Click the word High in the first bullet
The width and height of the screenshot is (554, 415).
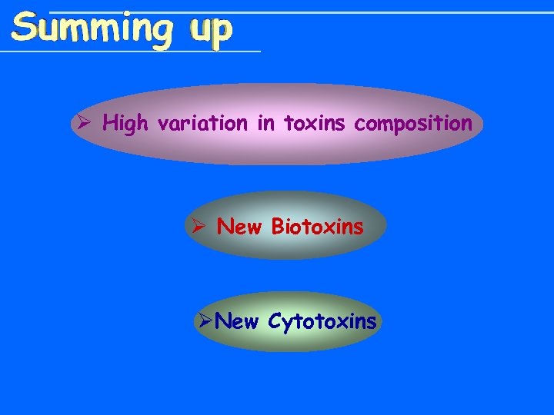[125, 124]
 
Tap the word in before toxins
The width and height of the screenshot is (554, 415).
[266, 123]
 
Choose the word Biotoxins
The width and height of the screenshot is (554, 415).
[317, 227]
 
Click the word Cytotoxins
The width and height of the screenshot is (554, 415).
[322, 322]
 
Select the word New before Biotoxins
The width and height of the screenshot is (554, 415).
[239, 227]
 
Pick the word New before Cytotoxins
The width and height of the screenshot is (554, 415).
[237, 321]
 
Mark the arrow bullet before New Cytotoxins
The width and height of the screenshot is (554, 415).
[205, 321]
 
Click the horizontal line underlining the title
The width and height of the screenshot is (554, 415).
[131, 52]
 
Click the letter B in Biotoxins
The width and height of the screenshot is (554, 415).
[278, 227]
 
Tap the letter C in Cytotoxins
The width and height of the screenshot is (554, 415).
[275, 321]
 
